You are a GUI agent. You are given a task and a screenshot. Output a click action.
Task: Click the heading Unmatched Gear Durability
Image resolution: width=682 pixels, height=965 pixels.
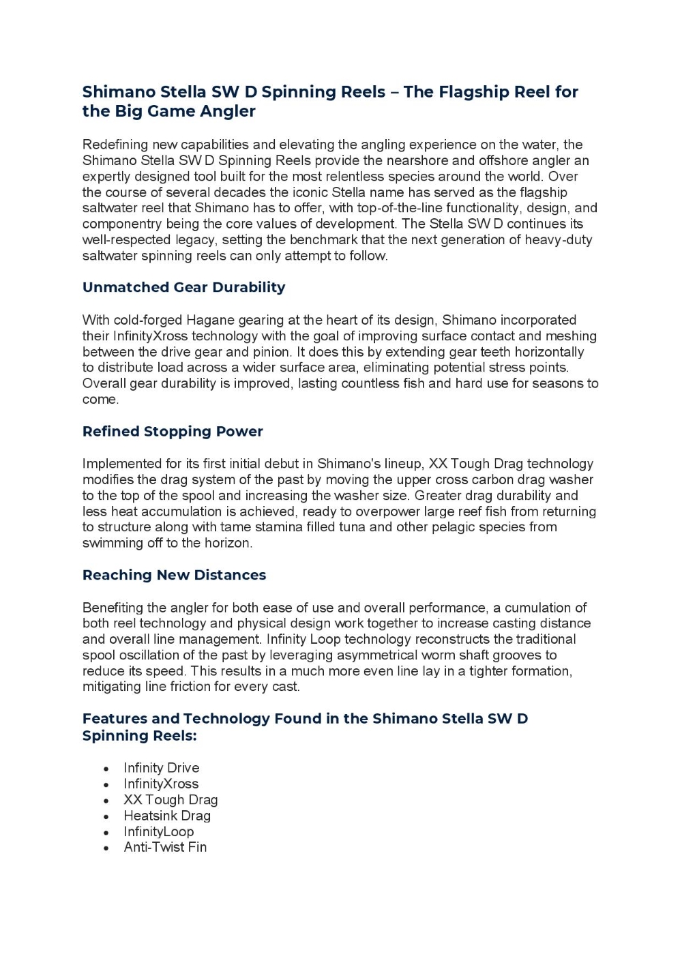tap(183, 287)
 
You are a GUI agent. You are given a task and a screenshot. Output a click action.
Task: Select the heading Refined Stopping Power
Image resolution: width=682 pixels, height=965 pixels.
tap(173, 431)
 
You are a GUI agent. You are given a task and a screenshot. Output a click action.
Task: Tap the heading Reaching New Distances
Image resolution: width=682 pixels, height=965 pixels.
tap(174, 575)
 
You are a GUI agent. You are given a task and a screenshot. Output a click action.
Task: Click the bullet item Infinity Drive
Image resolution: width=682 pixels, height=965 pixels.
tap(161, 768)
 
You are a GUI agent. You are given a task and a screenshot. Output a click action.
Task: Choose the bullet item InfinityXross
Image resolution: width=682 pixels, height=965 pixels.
tap(161, 784)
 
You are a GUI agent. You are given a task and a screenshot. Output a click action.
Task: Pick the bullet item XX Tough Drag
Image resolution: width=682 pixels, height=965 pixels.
tap(170, 799)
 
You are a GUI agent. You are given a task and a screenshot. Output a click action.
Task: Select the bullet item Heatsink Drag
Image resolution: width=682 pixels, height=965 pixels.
tap(167, 816)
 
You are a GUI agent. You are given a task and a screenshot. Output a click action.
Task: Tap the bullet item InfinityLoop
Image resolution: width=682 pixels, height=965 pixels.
tap(158, 831)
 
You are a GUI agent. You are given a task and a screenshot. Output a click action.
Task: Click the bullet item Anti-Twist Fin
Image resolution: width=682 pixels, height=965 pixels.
tap(165, 847)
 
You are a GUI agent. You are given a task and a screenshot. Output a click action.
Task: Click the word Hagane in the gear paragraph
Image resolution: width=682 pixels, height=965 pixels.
tap(209, 320)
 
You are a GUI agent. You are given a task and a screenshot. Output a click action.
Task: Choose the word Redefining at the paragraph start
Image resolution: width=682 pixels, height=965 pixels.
tap(115, 145)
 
